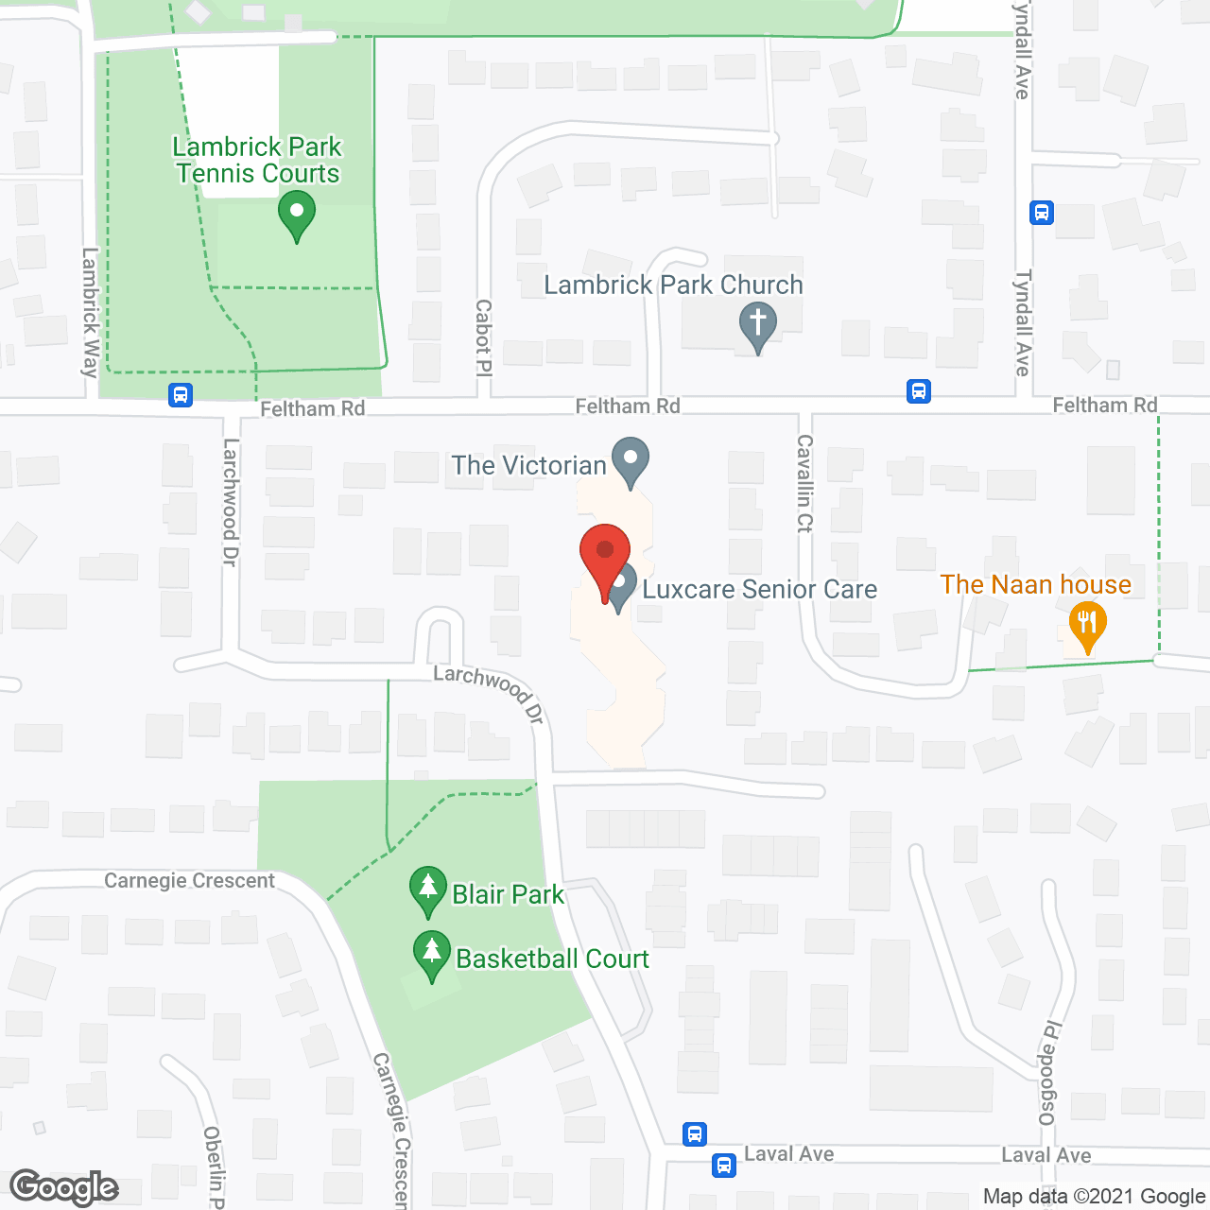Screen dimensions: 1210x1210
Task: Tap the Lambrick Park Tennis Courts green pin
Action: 296,215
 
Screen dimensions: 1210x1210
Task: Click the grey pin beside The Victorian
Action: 630,461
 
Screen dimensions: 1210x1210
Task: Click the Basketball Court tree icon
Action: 432,955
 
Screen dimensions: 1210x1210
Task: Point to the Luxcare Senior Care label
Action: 759,590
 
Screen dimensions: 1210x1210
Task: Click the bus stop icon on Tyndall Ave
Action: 1041,213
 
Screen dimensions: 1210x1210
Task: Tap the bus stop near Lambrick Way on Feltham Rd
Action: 181,395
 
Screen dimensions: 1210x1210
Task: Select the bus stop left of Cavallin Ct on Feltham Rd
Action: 918,390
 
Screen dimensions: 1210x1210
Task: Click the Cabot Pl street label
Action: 483,337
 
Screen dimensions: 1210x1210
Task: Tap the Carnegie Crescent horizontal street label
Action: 189,881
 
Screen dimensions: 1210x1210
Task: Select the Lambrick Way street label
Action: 90,312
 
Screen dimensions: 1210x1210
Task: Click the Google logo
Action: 64,1187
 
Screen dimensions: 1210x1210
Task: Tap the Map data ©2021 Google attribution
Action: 1094,1197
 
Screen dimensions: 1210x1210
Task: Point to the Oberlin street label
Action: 214,1167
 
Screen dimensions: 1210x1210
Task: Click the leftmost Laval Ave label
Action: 788,1153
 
